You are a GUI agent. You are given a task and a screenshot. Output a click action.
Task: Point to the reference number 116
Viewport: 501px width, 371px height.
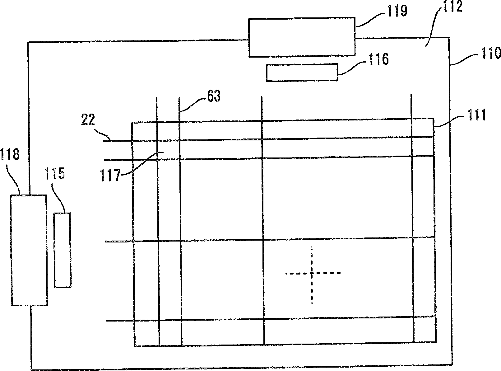point(378,59)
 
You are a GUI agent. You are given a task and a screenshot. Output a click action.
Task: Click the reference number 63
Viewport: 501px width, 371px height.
point(214,96)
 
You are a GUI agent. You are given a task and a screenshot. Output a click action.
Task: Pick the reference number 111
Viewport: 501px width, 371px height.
point(475,116)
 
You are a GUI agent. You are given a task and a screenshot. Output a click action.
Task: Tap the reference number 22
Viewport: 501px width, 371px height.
point(88,120)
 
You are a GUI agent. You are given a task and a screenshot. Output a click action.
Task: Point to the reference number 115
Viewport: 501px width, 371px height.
point(55,174)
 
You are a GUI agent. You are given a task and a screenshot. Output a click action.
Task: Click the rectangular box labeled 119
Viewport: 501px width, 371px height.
point(302,37)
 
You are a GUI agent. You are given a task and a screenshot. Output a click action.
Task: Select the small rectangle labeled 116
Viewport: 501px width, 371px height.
point(302,73)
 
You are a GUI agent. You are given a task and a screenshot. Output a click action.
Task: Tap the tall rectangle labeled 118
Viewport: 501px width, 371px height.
point(29,250)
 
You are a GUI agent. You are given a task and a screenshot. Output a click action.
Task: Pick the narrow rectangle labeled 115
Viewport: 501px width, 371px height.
point(62,250)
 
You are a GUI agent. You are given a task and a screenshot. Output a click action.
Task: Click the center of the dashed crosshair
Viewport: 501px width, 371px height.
point(311,273)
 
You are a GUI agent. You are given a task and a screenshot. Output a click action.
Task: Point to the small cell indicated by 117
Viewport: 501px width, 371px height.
point(168,150)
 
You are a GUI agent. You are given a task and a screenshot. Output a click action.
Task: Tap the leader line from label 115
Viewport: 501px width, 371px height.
point(61,199)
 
